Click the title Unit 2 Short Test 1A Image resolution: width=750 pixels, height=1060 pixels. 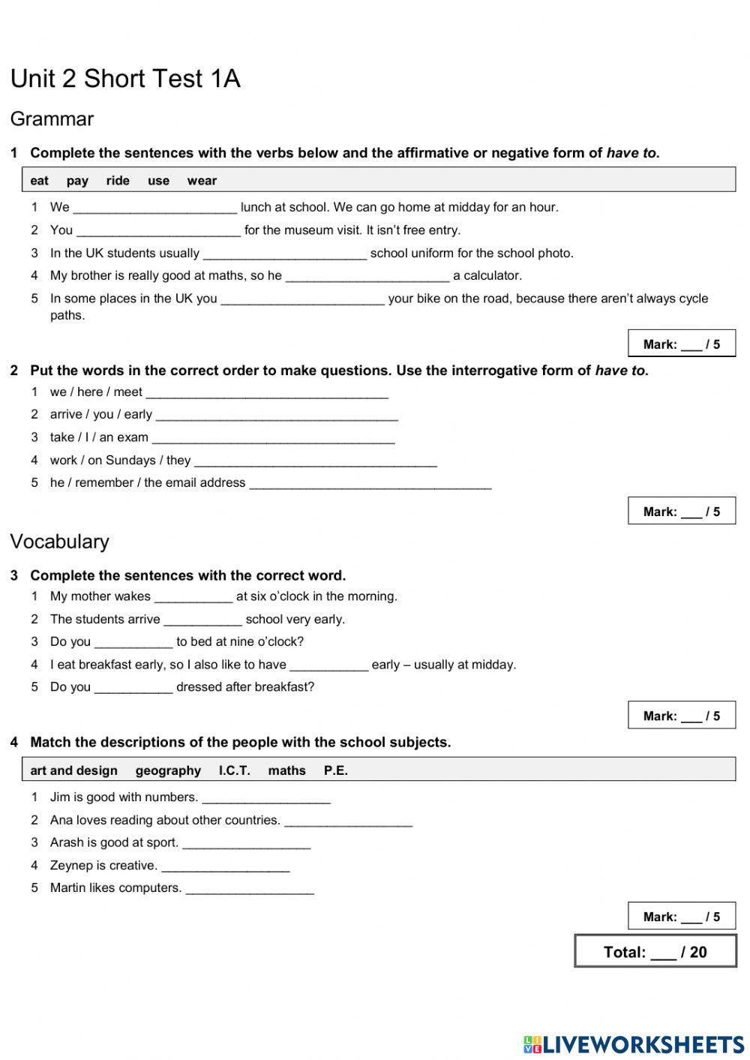pyautogui.click(x=125, y=79)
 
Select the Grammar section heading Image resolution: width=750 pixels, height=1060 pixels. pyautogui.click(x=52, y=119)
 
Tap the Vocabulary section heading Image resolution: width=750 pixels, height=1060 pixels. pyautogui.click(x=59, y=542)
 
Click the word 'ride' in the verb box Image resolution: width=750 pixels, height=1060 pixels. pyautogui.click(x=118, y=181)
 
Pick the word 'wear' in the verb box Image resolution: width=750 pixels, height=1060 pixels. pyautogui.click(x=202, y=181)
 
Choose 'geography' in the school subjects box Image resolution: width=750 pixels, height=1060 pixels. pyautogui.click(x=168, y=770)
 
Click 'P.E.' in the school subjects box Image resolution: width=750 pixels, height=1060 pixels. pyautogui.click(x=336, y=770)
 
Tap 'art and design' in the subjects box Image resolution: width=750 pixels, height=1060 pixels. pyautogui.click(x=73, y=770)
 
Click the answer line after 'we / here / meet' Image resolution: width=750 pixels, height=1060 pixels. pyautogui.click(x=267, y=394)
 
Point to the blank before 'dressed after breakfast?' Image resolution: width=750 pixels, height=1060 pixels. pyautogui.click(x=133, y=689)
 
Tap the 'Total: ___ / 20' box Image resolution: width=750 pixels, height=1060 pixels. pyautogui.click(x=655, y=951)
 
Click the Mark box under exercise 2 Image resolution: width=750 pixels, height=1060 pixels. pyautogui.click(x=682, y=512)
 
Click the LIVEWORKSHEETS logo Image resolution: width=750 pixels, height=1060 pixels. pyautogui.click(x=634, y=1043)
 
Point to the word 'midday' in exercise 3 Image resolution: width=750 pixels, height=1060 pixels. pyautogui.click(x=493, y=665)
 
